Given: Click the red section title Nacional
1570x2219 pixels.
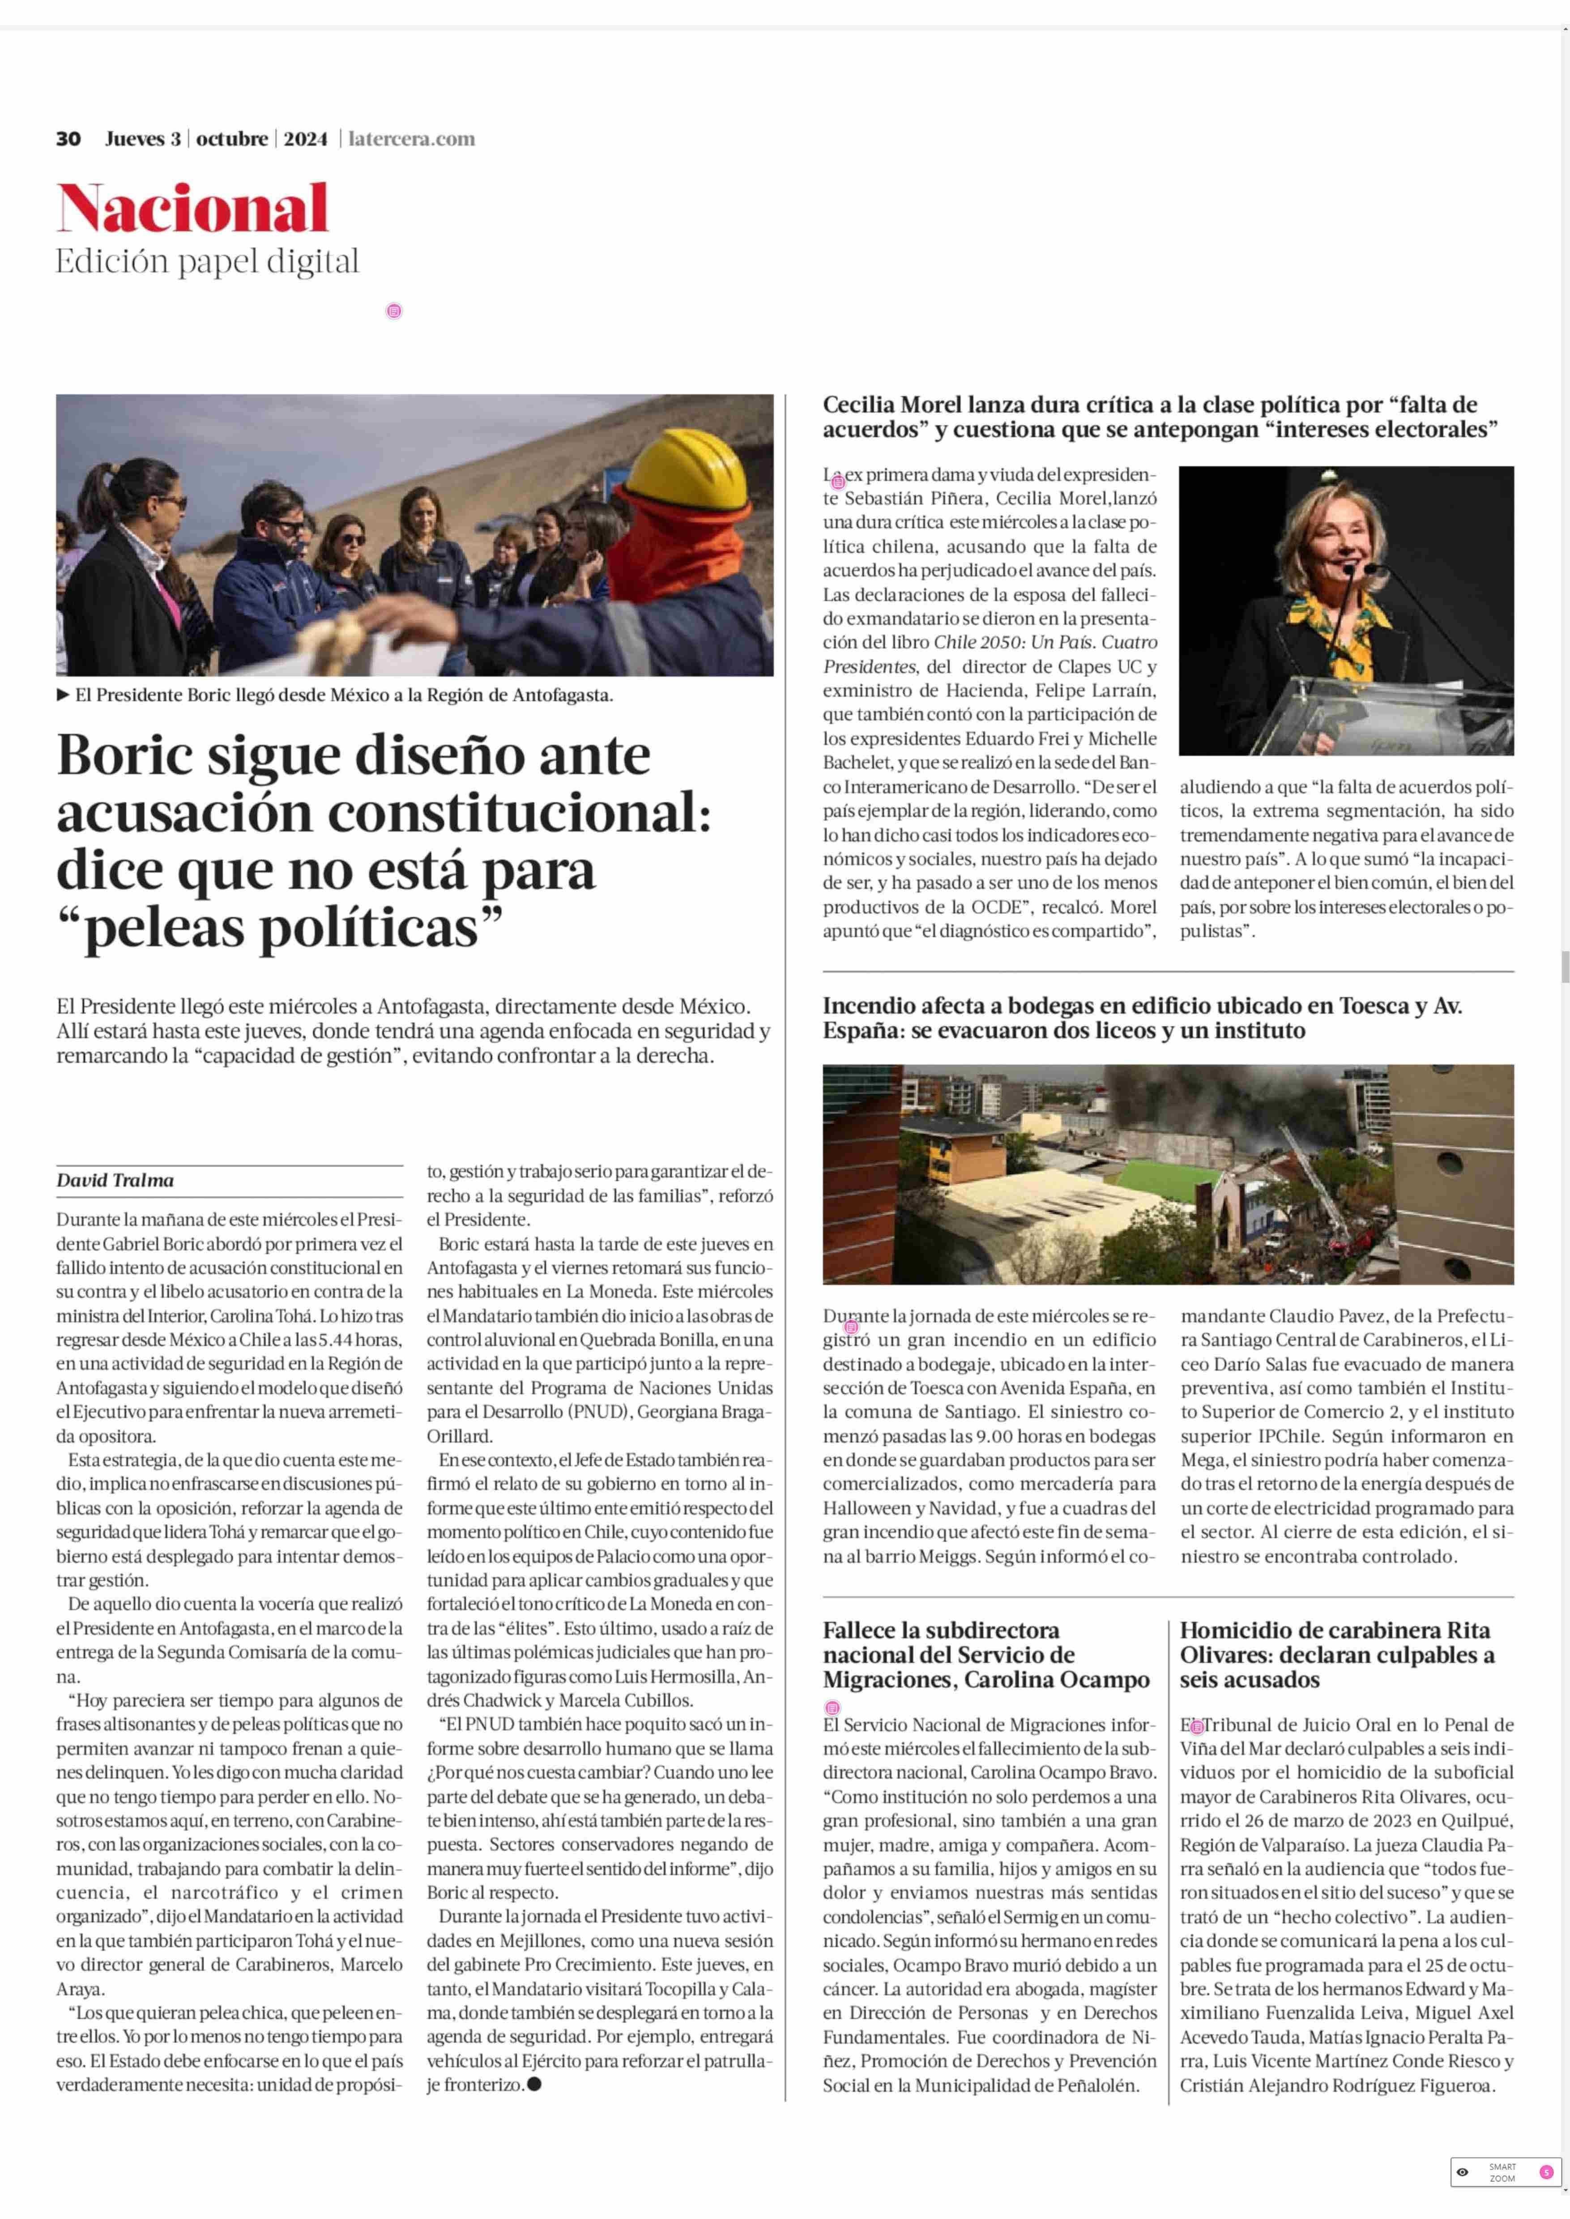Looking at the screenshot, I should pos(192,209).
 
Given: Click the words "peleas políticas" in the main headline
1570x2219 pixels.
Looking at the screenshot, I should pos(280,928).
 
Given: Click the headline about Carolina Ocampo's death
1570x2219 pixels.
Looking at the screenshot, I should pos(986,1654).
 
